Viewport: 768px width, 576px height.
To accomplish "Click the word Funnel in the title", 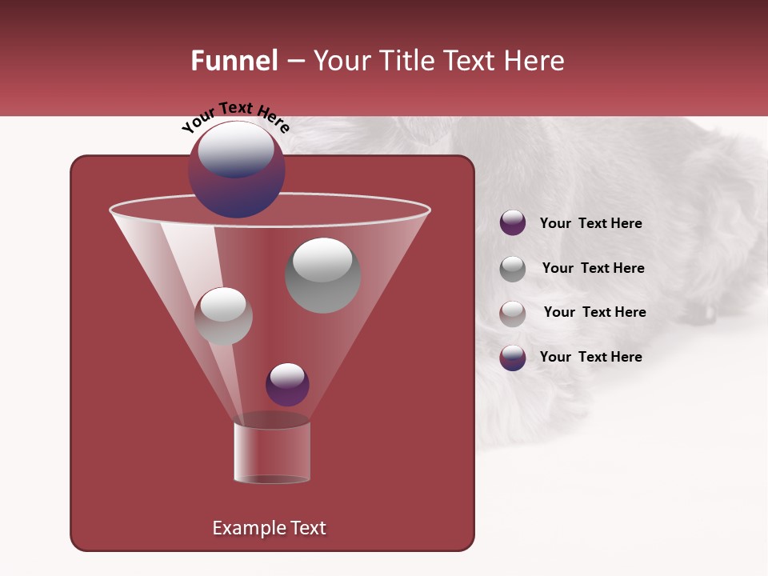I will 234,61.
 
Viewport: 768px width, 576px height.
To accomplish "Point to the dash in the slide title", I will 295,62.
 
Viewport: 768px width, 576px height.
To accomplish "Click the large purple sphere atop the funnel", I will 237,169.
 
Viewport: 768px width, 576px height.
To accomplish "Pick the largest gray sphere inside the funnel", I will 322,275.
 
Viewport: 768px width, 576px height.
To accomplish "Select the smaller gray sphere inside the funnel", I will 223,316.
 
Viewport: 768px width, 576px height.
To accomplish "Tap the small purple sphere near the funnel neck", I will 287,384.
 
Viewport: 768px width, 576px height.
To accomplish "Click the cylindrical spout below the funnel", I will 272,453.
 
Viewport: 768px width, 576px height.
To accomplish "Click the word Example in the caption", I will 242,528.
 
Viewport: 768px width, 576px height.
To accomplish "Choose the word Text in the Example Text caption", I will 306,528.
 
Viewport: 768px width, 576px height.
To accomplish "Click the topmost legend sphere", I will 513,223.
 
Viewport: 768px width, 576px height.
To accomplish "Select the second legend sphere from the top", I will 513,269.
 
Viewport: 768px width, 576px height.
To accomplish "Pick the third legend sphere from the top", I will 513,314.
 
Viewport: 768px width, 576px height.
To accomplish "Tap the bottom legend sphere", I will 513,358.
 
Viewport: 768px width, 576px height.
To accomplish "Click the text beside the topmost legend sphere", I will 590,223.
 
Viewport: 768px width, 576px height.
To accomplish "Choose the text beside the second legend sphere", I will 593,268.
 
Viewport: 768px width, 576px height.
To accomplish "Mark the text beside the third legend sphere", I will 594,312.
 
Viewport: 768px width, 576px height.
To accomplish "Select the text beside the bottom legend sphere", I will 590,357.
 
